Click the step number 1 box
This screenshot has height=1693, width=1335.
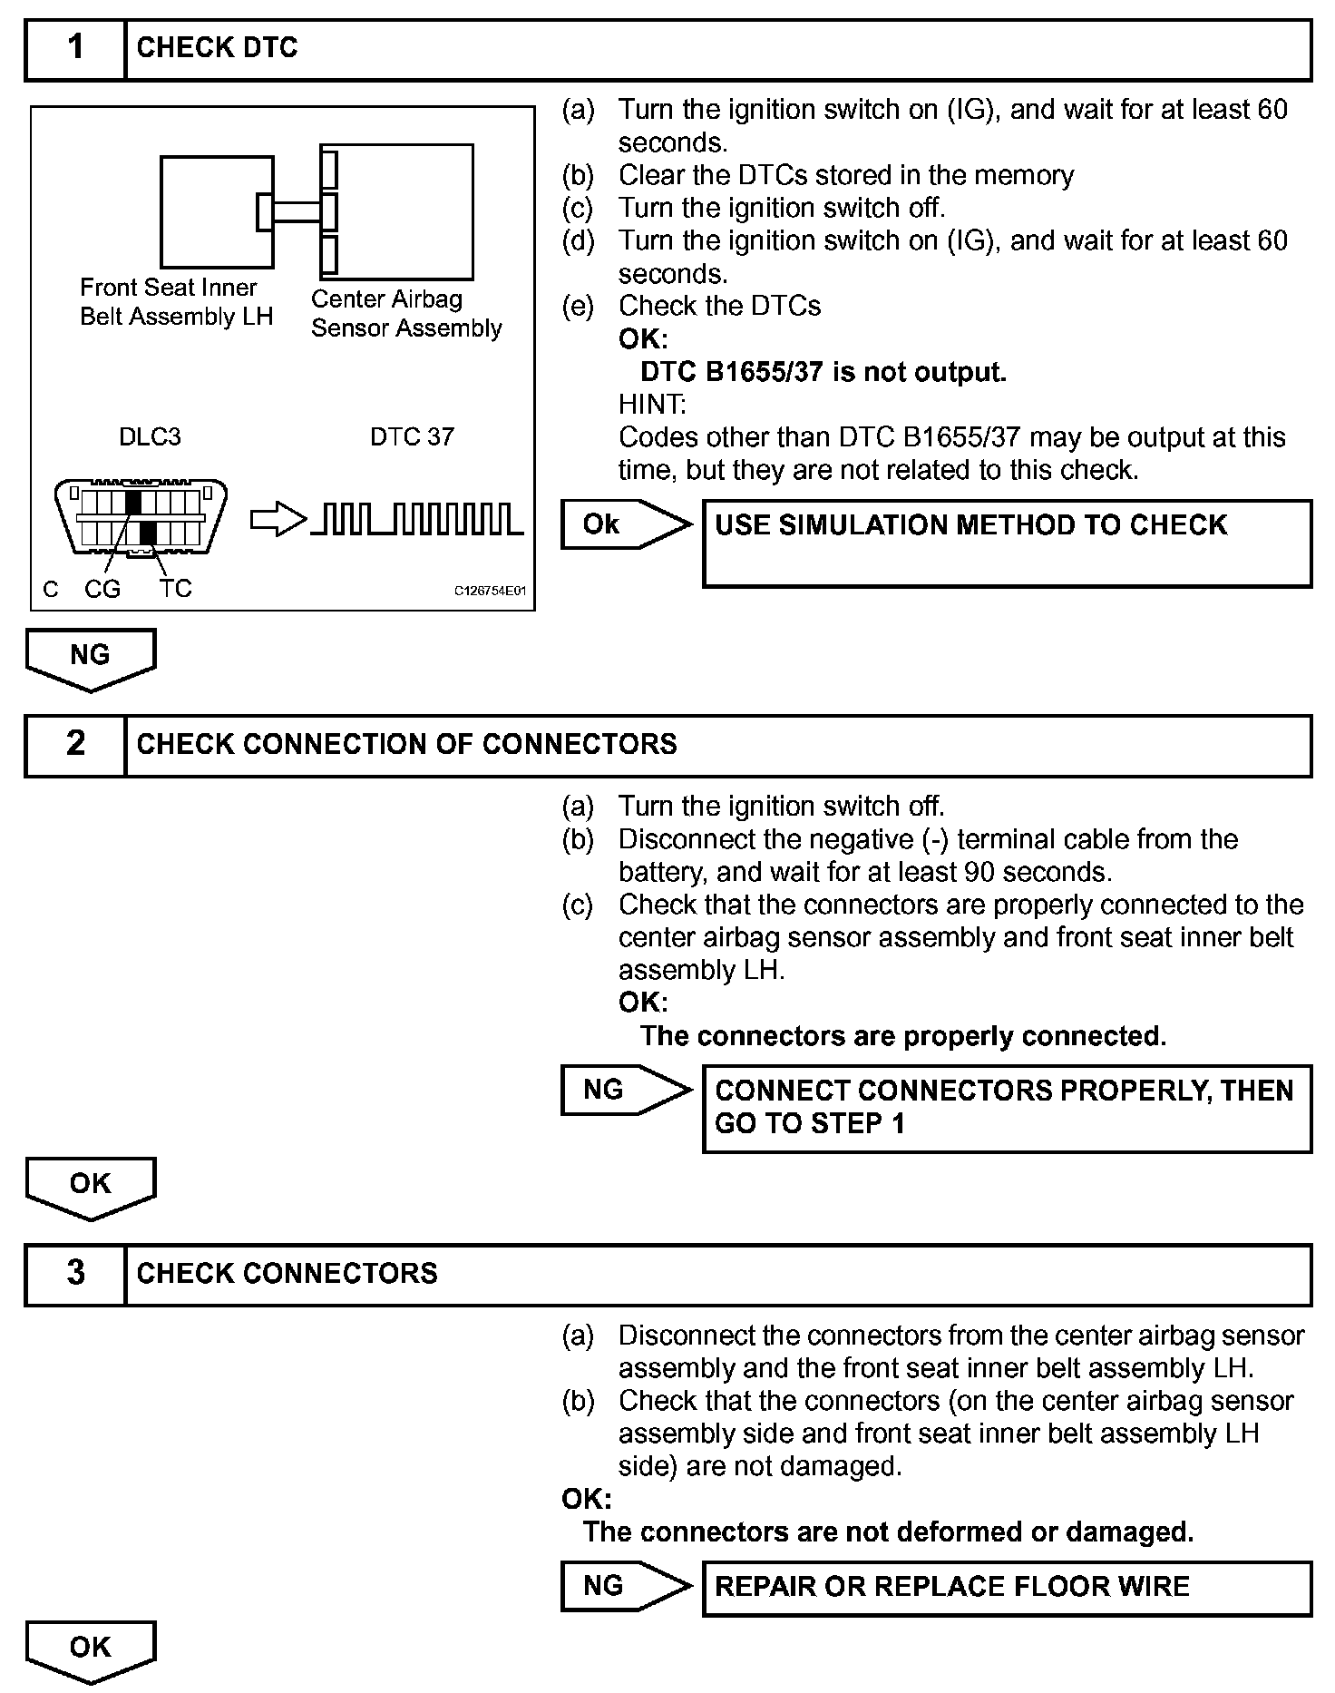pos(75,49)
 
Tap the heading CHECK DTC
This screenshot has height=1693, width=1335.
pos(217,48)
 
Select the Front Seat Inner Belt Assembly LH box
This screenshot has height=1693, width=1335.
pos(217,211)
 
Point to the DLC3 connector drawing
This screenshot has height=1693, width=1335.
pos(141,519)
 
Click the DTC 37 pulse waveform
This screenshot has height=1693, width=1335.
pos(417,519)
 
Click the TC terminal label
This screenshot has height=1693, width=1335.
pos(176,589)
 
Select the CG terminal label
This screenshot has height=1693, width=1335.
pos(102,590)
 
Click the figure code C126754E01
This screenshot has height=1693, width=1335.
pos(490,592)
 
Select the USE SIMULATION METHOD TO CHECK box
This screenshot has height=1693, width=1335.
pos(1007,543)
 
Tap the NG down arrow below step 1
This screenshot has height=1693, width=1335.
pos(91,658)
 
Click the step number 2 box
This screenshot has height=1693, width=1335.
pos(75,745)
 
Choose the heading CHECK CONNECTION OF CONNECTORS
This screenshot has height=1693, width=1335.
pos(406,745)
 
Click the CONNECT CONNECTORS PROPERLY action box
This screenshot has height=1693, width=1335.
pos(1007,1108)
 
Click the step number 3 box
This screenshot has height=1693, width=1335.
pos(75,1274)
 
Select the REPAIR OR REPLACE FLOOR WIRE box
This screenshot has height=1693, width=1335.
pos(1007,1587)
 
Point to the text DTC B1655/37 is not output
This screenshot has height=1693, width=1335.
pos(823,372)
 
